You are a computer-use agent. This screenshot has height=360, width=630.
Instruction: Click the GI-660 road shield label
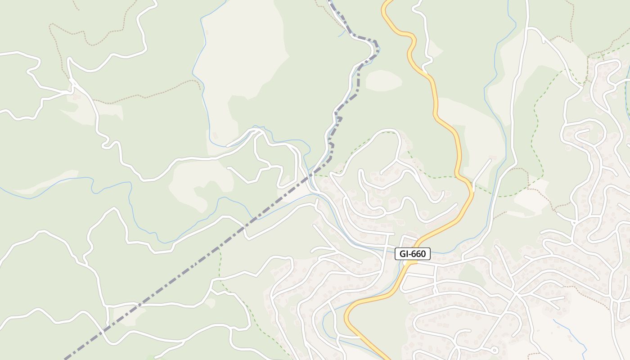pos(413,254)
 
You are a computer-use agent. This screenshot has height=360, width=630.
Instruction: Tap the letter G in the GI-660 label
pos(403,254)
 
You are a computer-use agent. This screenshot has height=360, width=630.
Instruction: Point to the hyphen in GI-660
pos(411,254)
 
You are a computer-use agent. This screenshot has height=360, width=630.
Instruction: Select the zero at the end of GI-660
pos(423,254)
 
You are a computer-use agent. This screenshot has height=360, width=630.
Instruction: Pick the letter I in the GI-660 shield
pos(407,254)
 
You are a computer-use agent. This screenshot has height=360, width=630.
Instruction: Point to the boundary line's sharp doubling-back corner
pos(377,45)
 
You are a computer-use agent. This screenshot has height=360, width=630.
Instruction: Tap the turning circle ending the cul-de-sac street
pos(495,350)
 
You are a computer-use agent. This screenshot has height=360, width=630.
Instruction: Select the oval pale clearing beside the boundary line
pos(383,80)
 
